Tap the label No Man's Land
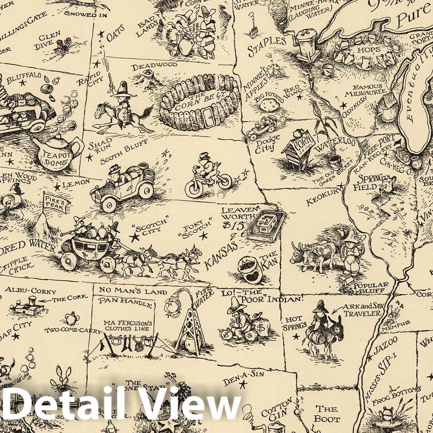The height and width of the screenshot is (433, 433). [133, 291]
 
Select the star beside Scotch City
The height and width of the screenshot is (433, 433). [136, 238]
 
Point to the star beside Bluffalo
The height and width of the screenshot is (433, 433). [23, 83]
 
